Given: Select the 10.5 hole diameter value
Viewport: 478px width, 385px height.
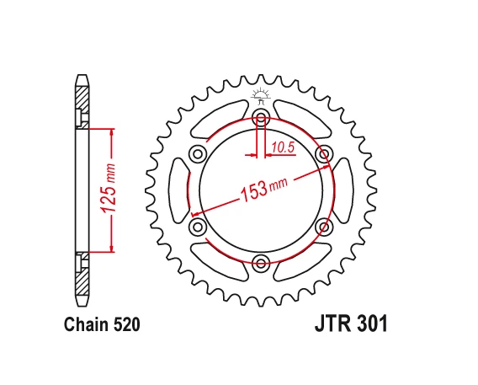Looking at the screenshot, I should click(x=283, y=149).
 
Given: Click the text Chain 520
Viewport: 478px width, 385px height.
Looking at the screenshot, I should click(x=101, y=324).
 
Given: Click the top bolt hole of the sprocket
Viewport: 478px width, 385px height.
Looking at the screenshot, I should click(x=261, y=116).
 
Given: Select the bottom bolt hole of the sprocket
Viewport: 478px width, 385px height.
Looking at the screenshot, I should click(x=261, y=263).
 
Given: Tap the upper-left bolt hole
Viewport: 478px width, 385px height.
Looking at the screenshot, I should click(x=199, y=153).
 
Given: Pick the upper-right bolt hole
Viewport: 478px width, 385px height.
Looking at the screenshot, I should click(x=324, y=153).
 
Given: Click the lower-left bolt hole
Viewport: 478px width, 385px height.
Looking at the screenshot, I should click(x=199, y=227).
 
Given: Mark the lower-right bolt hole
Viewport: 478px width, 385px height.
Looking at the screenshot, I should click(x=324, y=227).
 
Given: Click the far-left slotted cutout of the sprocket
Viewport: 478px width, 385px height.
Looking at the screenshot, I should click(x=179, y=190).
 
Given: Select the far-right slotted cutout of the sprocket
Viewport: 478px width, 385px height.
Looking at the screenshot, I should click(x=343, y=190).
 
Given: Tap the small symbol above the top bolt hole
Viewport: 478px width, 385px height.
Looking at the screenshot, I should click(x=261, y=93).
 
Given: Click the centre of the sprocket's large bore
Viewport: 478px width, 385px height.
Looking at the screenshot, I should click(x=261, y=190).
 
